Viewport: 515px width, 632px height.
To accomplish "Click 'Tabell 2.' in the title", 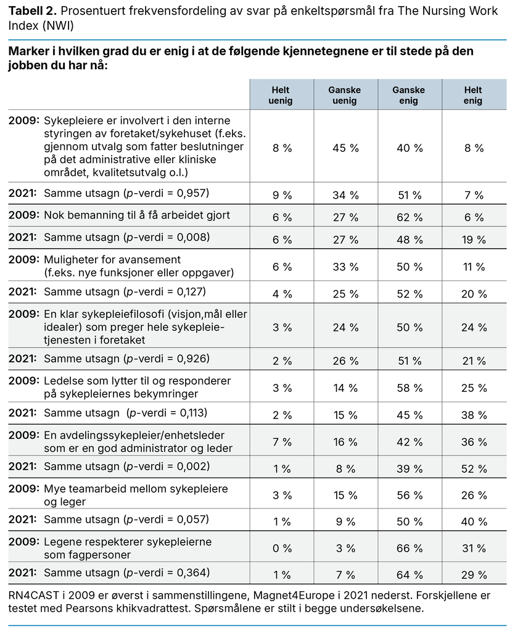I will click(x=32, y=10).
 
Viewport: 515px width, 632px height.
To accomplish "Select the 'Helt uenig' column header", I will click(x=282, y=95).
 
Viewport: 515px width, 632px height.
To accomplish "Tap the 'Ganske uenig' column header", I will click(x=345, y=95).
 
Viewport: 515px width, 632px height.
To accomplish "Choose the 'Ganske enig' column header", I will click(x=408, y=95).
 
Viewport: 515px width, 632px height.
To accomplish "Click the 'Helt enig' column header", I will click(x=473, y=95).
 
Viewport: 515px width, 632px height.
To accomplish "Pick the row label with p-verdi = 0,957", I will click(x=126, y=194).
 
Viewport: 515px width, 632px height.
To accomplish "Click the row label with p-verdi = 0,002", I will click(x=126, y=466).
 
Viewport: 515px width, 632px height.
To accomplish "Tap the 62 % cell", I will click(x=409, y=217).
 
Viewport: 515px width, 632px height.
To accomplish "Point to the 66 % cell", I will click(x=409, y=547).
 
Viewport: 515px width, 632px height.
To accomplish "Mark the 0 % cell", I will click(x=282, y=547).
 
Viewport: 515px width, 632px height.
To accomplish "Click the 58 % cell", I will click(x=409, y=388).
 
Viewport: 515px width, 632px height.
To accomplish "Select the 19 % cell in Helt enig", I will click(x=473, y=239).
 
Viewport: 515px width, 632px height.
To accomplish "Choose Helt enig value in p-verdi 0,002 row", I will click(x=473, y=468).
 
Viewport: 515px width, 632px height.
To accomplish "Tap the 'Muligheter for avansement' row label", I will click(x=112, y=260).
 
